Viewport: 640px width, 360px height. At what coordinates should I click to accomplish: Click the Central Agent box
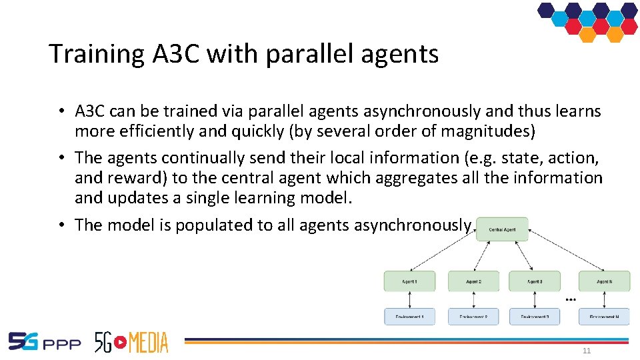[x=502, y=229]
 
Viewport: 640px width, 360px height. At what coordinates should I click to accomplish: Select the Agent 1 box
[x=409, y=281]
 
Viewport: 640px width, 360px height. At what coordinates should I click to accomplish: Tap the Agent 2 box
[x=473, y=281]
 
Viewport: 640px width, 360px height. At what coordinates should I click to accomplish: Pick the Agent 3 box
[x=534, y=281]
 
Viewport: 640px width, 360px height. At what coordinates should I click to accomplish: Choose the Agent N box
[x=604, y=281]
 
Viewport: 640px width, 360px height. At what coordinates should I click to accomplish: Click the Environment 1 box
[x=409, y=316]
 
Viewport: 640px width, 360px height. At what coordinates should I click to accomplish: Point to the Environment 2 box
[x=473, y=316]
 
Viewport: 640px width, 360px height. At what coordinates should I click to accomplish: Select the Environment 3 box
[x=534, y=316]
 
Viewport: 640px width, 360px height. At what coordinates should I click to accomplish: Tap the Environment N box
[x=604, y=316]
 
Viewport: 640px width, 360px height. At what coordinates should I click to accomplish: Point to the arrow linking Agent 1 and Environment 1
[x=409, y=299]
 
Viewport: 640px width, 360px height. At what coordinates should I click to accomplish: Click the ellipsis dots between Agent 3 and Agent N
[x=570, y=299]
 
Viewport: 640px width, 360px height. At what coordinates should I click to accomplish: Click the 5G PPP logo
[x=44, y=342]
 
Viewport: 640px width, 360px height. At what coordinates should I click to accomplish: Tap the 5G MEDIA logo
[x=131, y=341]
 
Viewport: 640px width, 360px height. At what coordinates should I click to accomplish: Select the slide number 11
[x=587, y=351]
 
